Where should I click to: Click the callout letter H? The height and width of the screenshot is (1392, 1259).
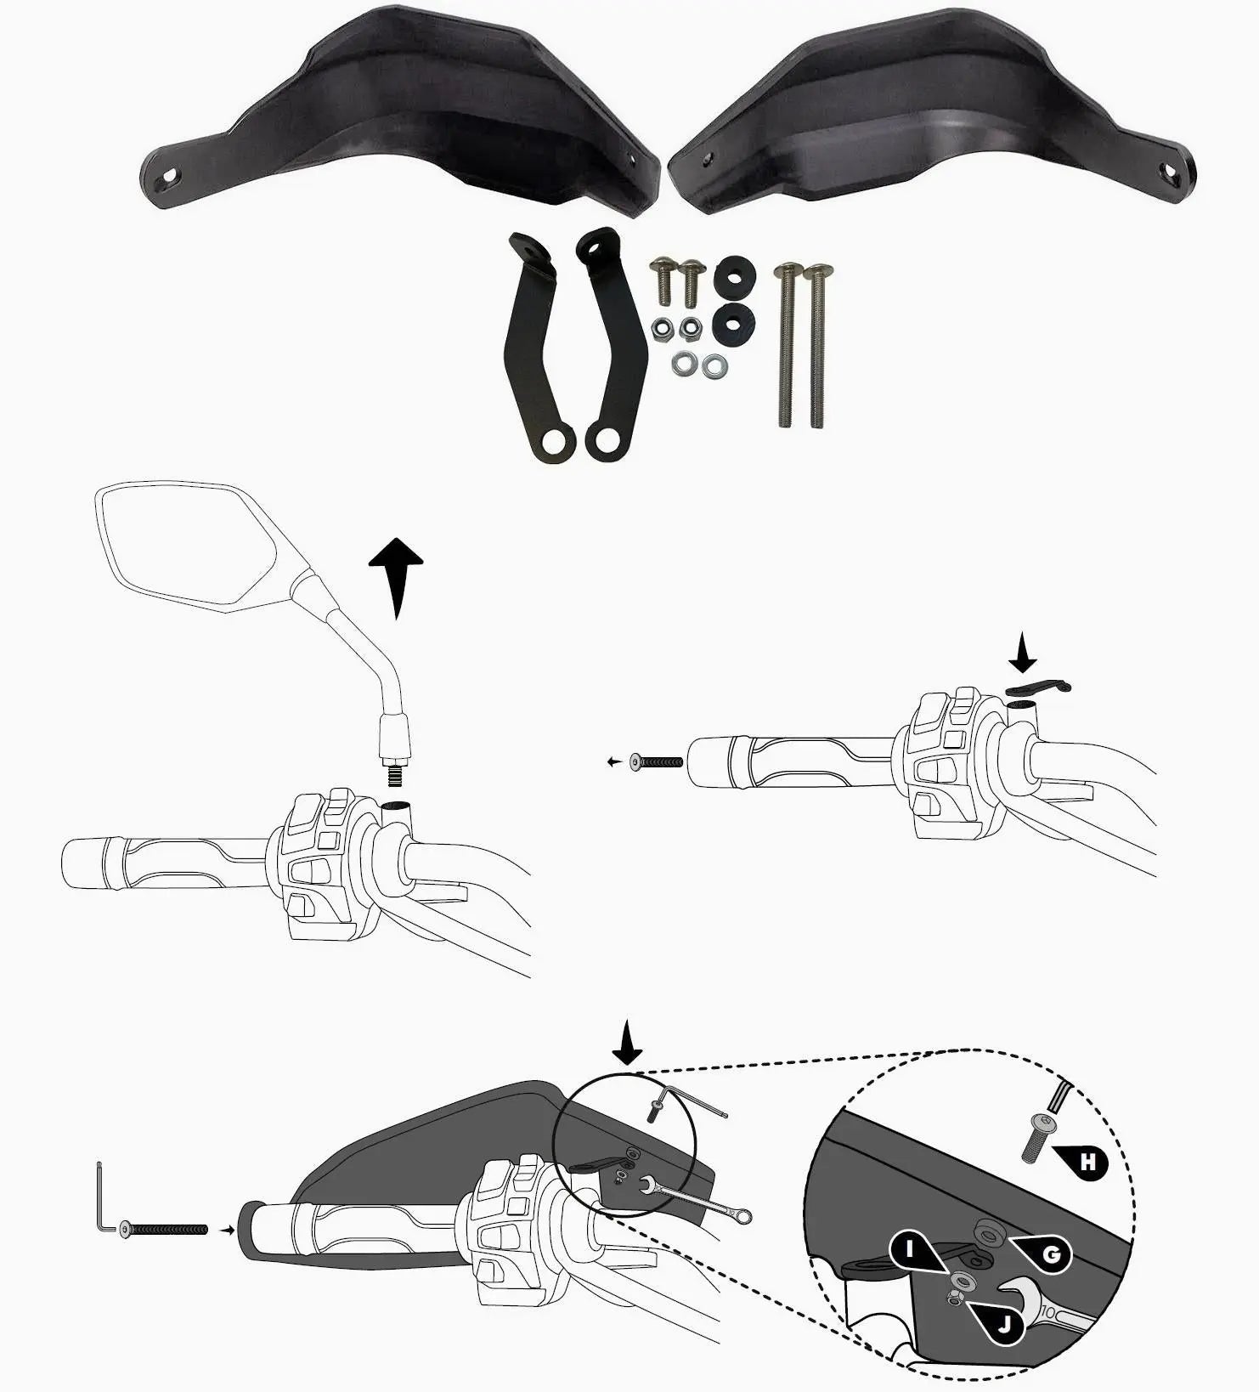coord(1088,1162)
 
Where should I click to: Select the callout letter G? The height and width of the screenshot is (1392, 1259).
coord(1051,1255)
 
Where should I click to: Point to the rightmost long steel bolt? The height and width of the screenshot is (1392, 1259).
coord(816,345)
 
